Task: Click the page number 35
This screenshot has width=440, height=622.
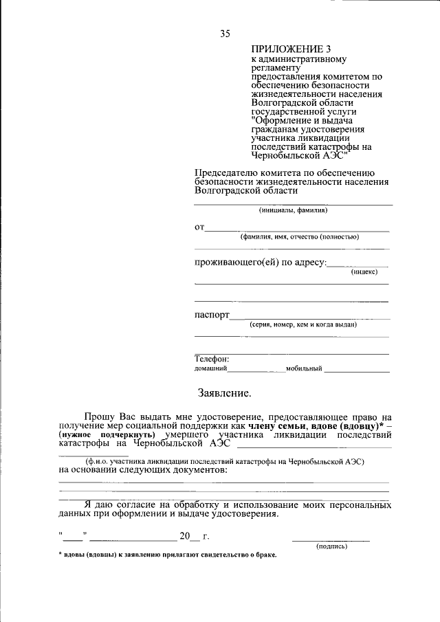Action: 225,34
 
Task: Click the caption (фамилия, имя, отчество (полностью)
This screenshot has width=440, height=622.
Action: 299,236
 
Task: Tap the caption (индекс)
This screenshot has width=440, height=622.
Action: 364,272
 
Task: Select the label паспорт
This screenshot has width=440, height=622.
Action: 211,315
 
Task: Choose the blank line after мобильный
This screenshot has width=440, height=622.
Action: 357,370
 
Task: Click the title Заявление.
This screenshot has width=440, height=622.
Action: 225,394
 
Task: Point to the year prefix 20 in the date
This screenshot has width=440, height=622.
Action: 184,536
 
